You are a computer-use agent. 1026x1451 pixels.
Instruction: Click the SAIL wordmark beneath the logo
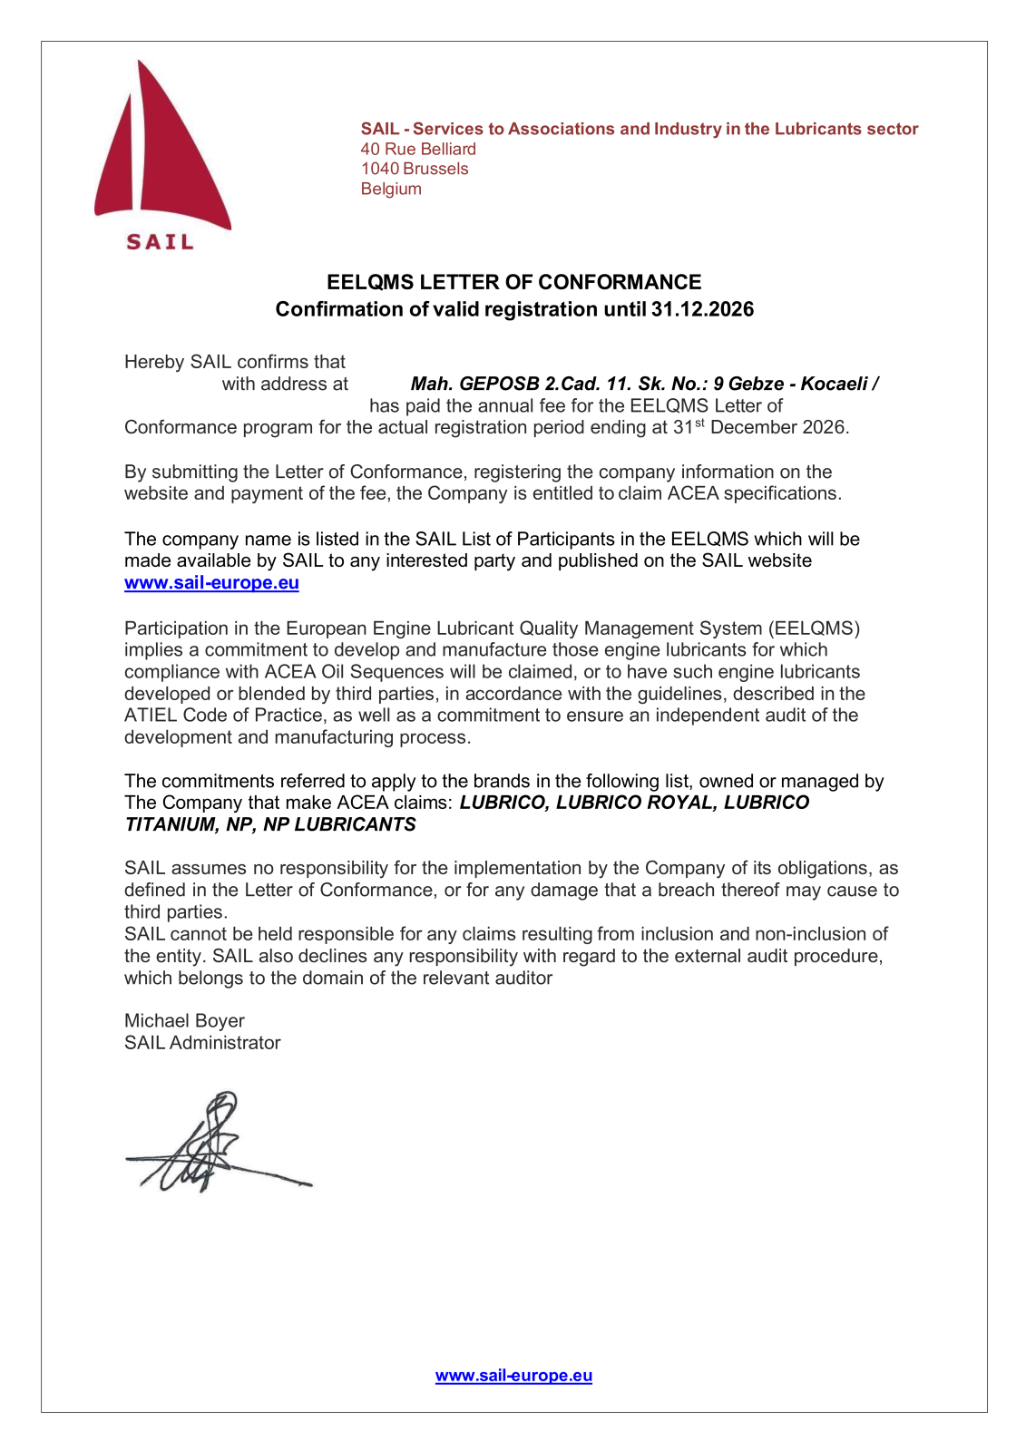pyautogui.click(x=160, y=242)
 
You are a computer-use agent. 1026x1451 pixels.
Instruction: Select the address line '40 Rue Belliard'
pyautogui.click(x=418, y=149)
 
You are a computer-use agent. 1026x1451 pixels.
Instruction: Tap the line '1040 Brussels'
pyautogui.click(x=415, y=169)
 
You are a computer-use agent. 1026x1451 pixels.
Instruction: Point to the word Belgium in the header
pyautogui.click(x=391, y=189)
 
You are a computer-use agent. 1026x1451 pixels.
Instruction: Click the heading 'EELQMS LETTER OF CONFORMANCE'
pyautogui.click(x=513, y=282)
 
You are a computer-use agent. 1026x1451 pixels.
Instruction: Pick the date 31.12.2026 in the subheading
pyautogui.click(x=702, y=309)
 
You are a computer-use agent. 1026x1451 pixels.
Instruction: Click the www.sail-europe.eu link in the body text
pyautogui.click(x=211, y=583)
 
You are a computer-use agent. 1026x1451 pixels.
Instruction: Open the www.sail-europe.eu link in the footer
pyautogui.click(x=513, y=1376)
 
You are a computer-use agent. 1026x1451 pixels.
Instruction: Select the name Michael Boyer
pyautogui.click(x=184, y=1021)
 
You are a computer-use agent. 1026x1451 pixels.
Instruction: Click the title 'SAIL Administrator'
pyautogui.click(x=202, y=1043)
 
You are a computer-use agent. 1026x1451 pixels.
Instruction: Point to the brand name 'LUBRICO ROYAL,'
pyautogui.click(x=637, y=803)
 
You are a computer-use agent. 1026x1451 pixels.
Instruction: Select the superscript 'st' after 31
pyautogui.click(x=699, y=423)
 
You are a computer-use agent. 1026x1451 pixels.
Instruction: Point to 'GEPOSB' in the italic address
pyautogui.click(x=499, y=384)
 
